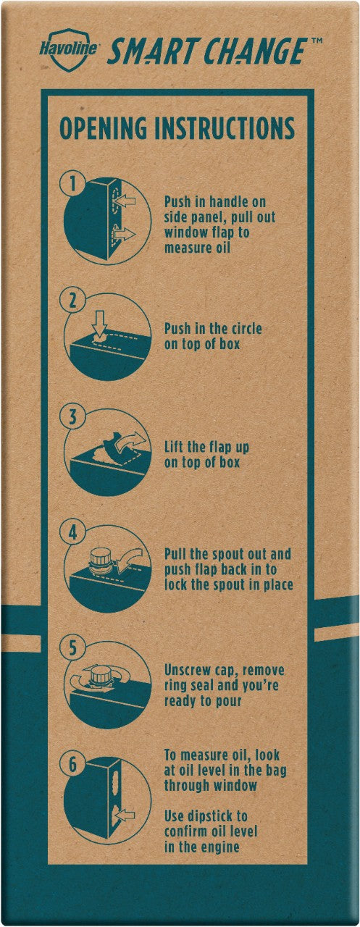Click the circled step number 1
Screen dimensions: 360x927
coord(73,183)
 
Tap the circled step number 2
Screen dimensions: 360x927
coord(73,300)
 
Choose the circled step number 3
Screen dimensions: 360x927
coord(73,416)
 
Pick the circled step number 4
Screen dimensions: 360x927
coord(73,532)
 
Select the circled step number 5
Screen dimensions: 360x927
coord(73,648)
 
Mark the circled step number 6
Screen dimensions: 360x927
coord(73,764)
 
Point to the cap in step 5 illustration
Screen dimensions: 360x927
coord(100,674)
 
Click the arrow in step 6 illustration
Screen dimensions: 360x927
coord(125,815)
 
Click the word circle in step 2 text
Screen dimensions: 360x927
coord(245,329)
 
